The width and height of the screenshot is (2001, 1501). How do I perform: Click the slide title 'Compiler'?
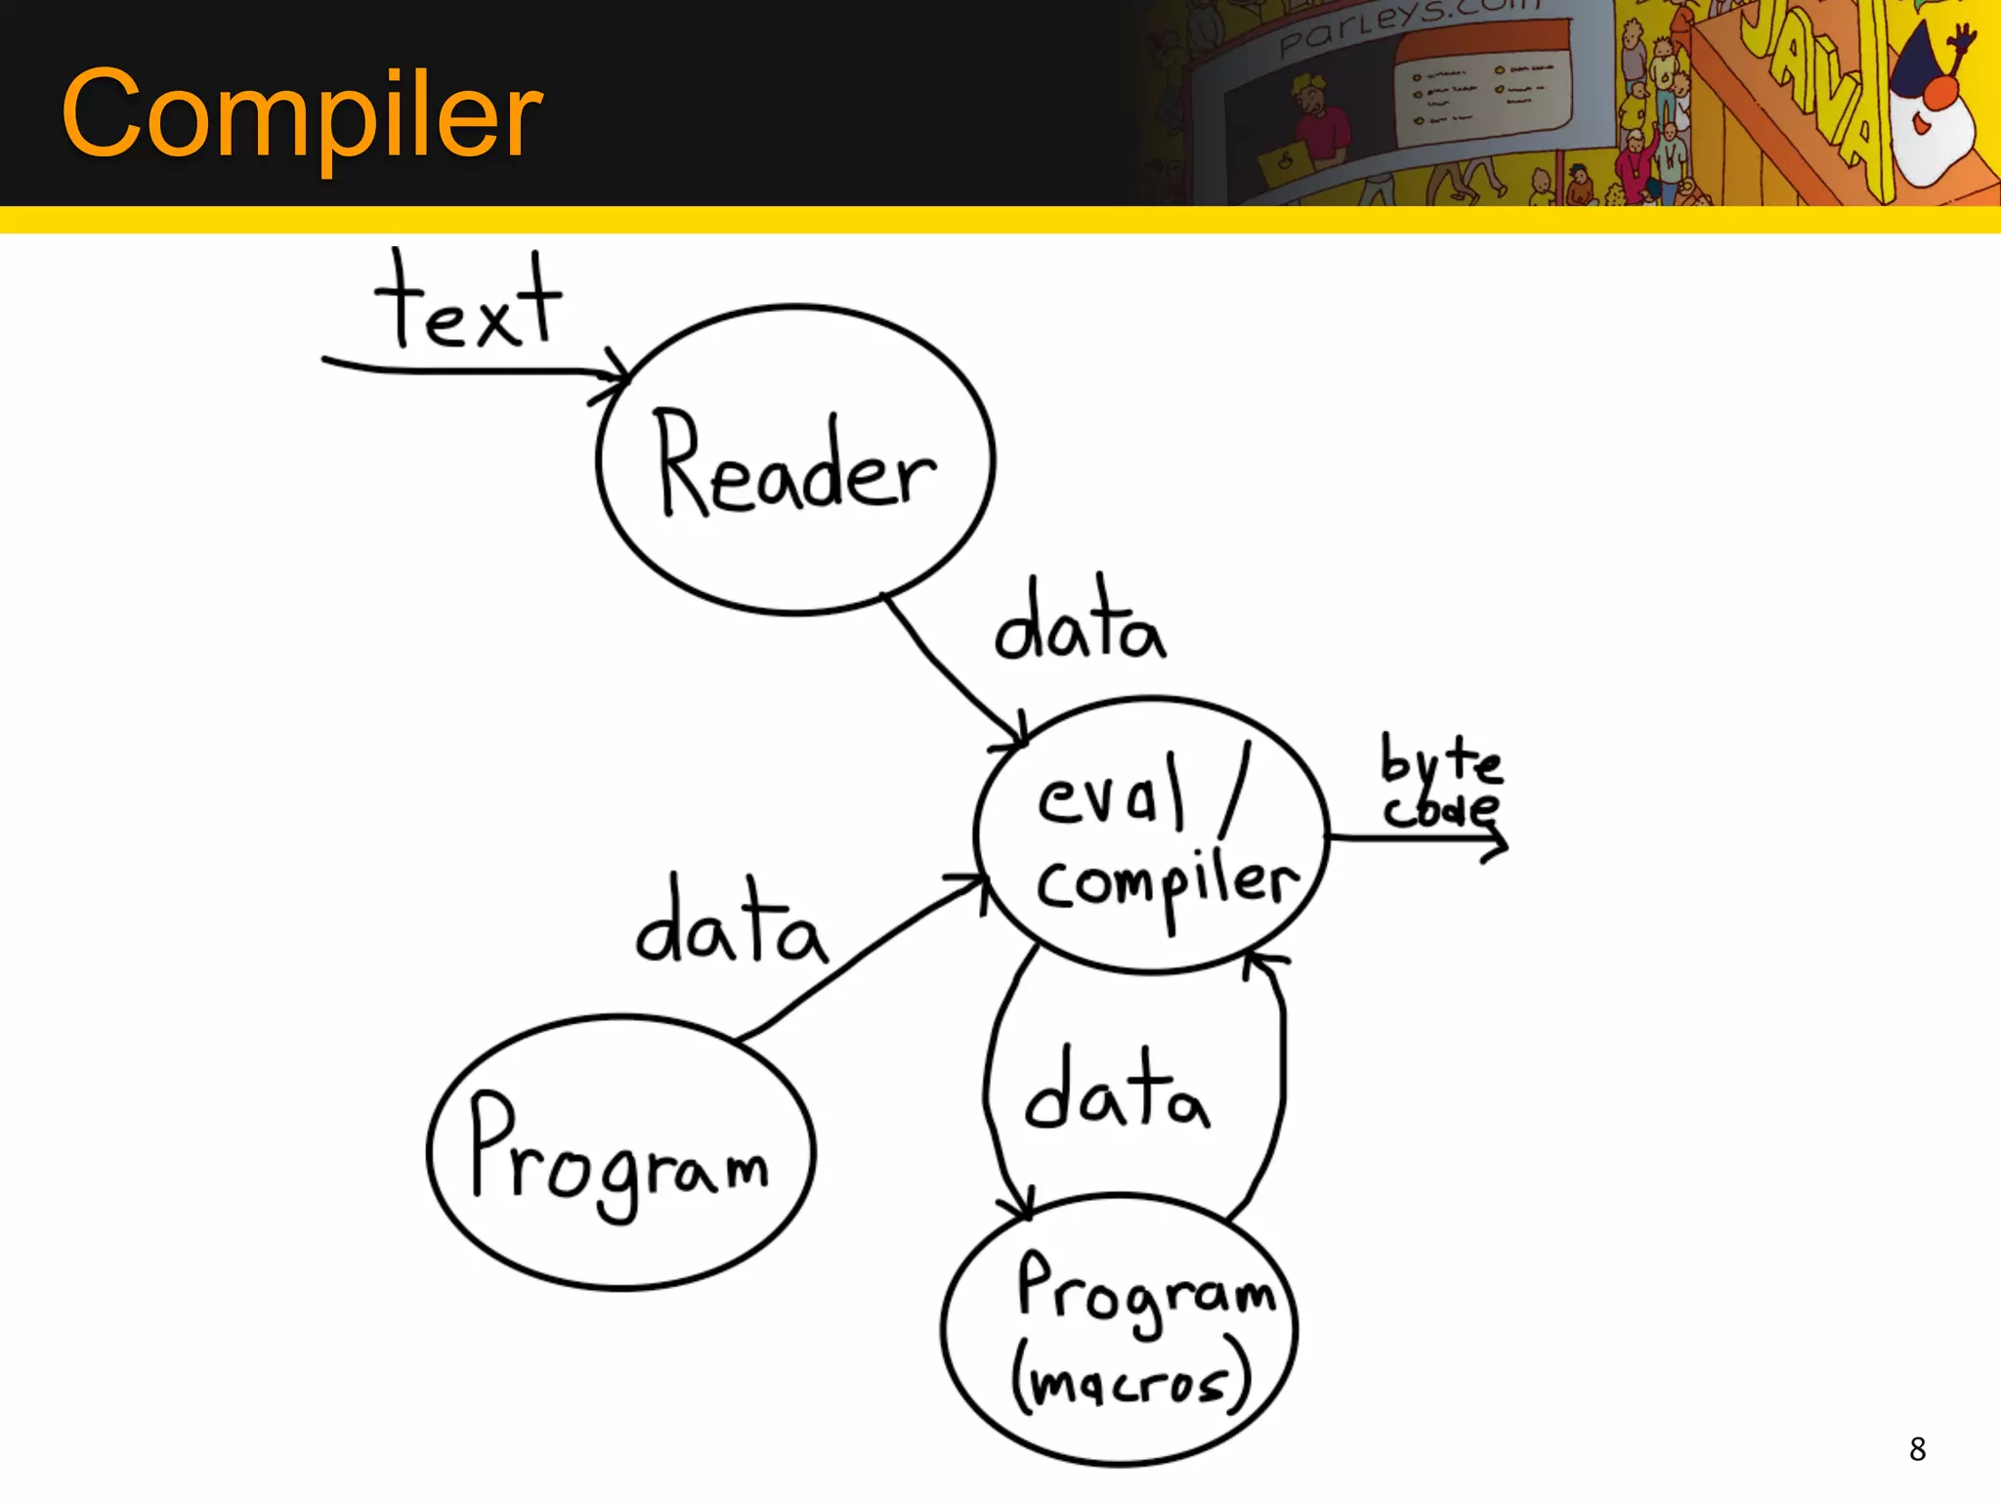pyautogui.click(x=301, y=114)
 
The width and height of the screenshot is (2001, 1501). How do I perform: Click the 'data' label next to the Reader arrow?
pyautogui.click(x=1080, y=623)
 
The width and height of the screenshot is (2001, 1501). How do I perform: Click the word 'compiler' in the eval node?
pyautogui.click(x=1168, y=884)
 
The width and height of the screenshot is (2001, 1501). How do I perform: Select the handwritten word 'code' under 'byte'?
pyautogui.click(x=1440, y=809)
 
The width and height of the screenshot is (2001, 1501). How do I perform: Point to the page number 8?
pyautogui.click(x=1917, y=1449)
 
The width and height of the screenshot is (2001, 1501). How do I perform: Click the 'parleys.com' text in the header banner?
pyautogui.click(x=1407, y=24)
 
